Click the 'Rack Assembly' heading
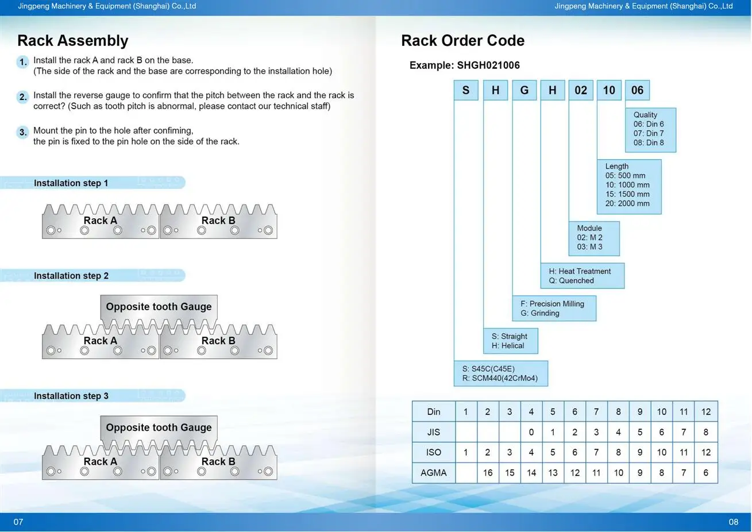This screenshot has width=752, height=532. click(x=72, y=41)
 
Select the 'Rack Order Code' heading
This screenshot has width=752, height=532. click(x=462, y=41)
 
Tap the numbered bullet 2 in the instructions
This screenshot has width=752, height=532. click(x=23, y=97)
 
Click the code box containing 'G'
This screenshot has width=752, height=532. click(x=525, y=90)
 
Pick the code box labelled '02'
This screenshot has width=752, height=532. click(x=581, y=90)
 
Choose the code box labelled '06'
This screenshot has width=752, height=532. click(x=637, y=90)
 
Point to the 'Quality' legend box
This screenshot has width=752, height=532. click(x=651, y=130)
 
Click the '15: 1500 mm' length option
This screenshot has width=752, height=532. click(x=627, y=194)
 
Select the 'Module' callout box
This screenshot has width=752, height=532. click(x=594, y=238)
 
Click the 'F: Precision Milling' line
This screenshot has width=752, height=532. click(x=552, y=304)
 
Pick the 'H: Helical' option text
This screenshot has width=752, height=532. click(x=508, y=346)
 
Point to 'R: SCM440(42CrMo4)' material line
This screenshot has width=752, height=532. click(x=500, y=378)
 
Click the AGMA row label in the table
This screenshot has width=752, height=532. click(x=433, y=473)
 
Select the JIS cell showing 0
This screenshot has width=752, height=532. click(x=531, y=432)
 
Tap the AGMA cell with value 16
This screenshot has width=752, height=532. click(x=488, y=473)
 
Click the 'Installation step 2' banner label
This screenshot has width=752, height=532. click(x=71, y=276)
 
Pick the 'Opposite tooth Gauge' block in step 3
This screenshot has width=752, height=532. click(x=159, y=431)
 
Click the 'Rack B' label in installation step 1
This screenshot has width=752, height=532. click(x=218, y=221)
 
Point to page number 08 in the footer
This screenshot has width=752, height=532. click(x=733, y=522)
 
